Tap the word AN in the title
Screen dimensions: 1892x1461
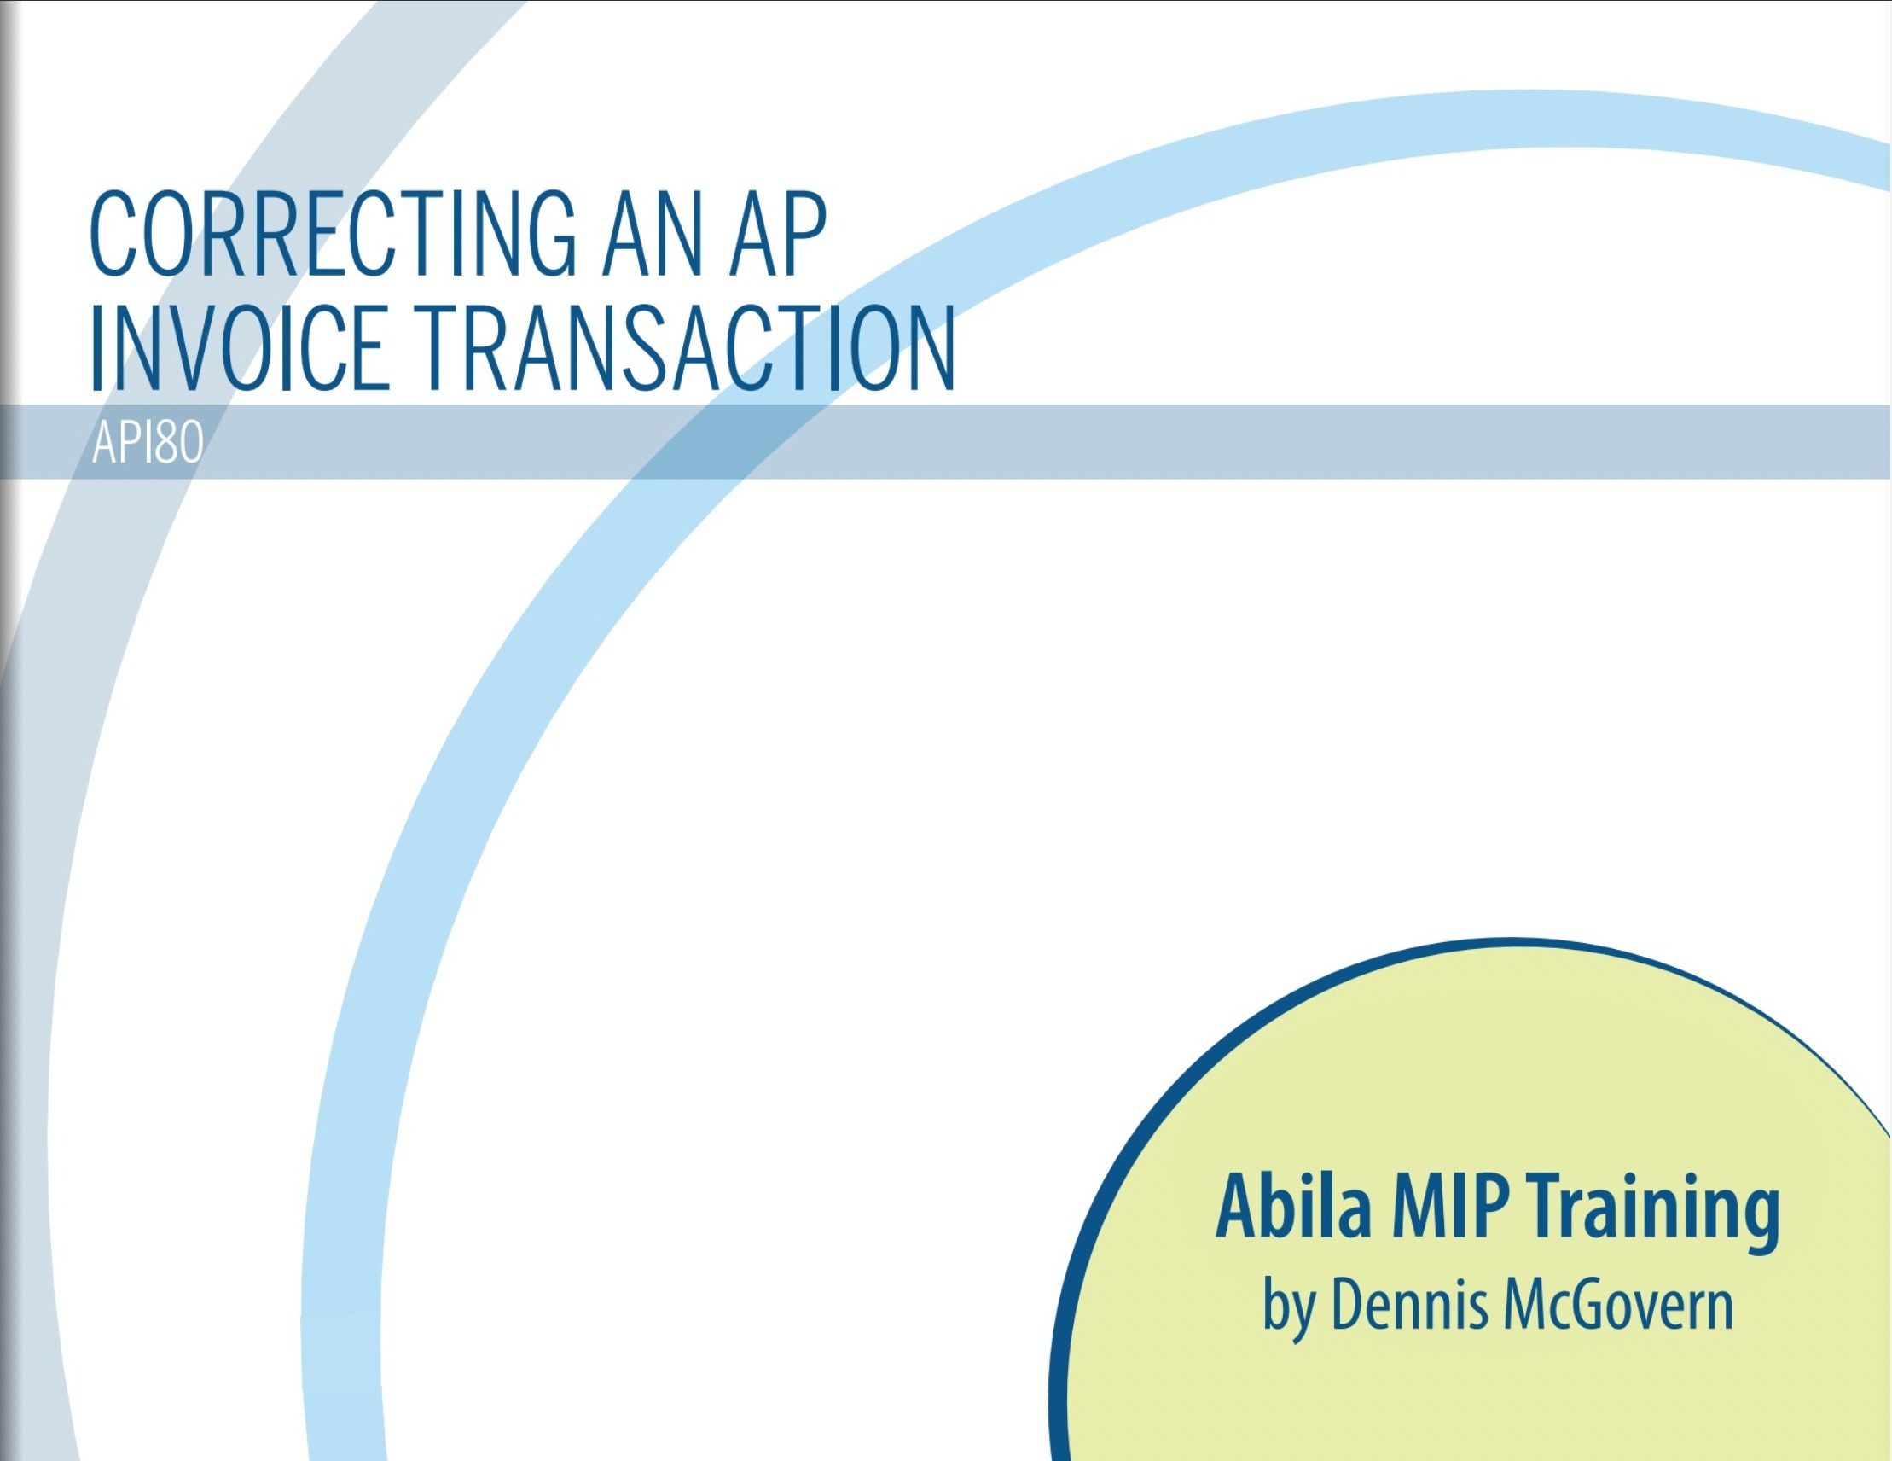pos(653,235)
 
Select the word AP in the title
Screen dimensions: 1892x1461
pos(778,235)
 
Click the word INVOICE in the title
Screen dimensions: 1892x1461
pos(239,347)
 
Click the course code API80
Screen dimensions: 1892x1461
pos(148,443)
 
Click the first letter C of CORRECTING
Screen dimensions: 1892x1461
pos(113,235)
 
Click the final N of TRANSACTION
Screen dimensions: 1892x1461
pos(930,347)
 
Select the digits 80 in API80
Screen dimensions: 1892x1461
pos(179,443)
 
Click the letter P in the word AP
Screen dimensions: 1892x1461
pos(804,235)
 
